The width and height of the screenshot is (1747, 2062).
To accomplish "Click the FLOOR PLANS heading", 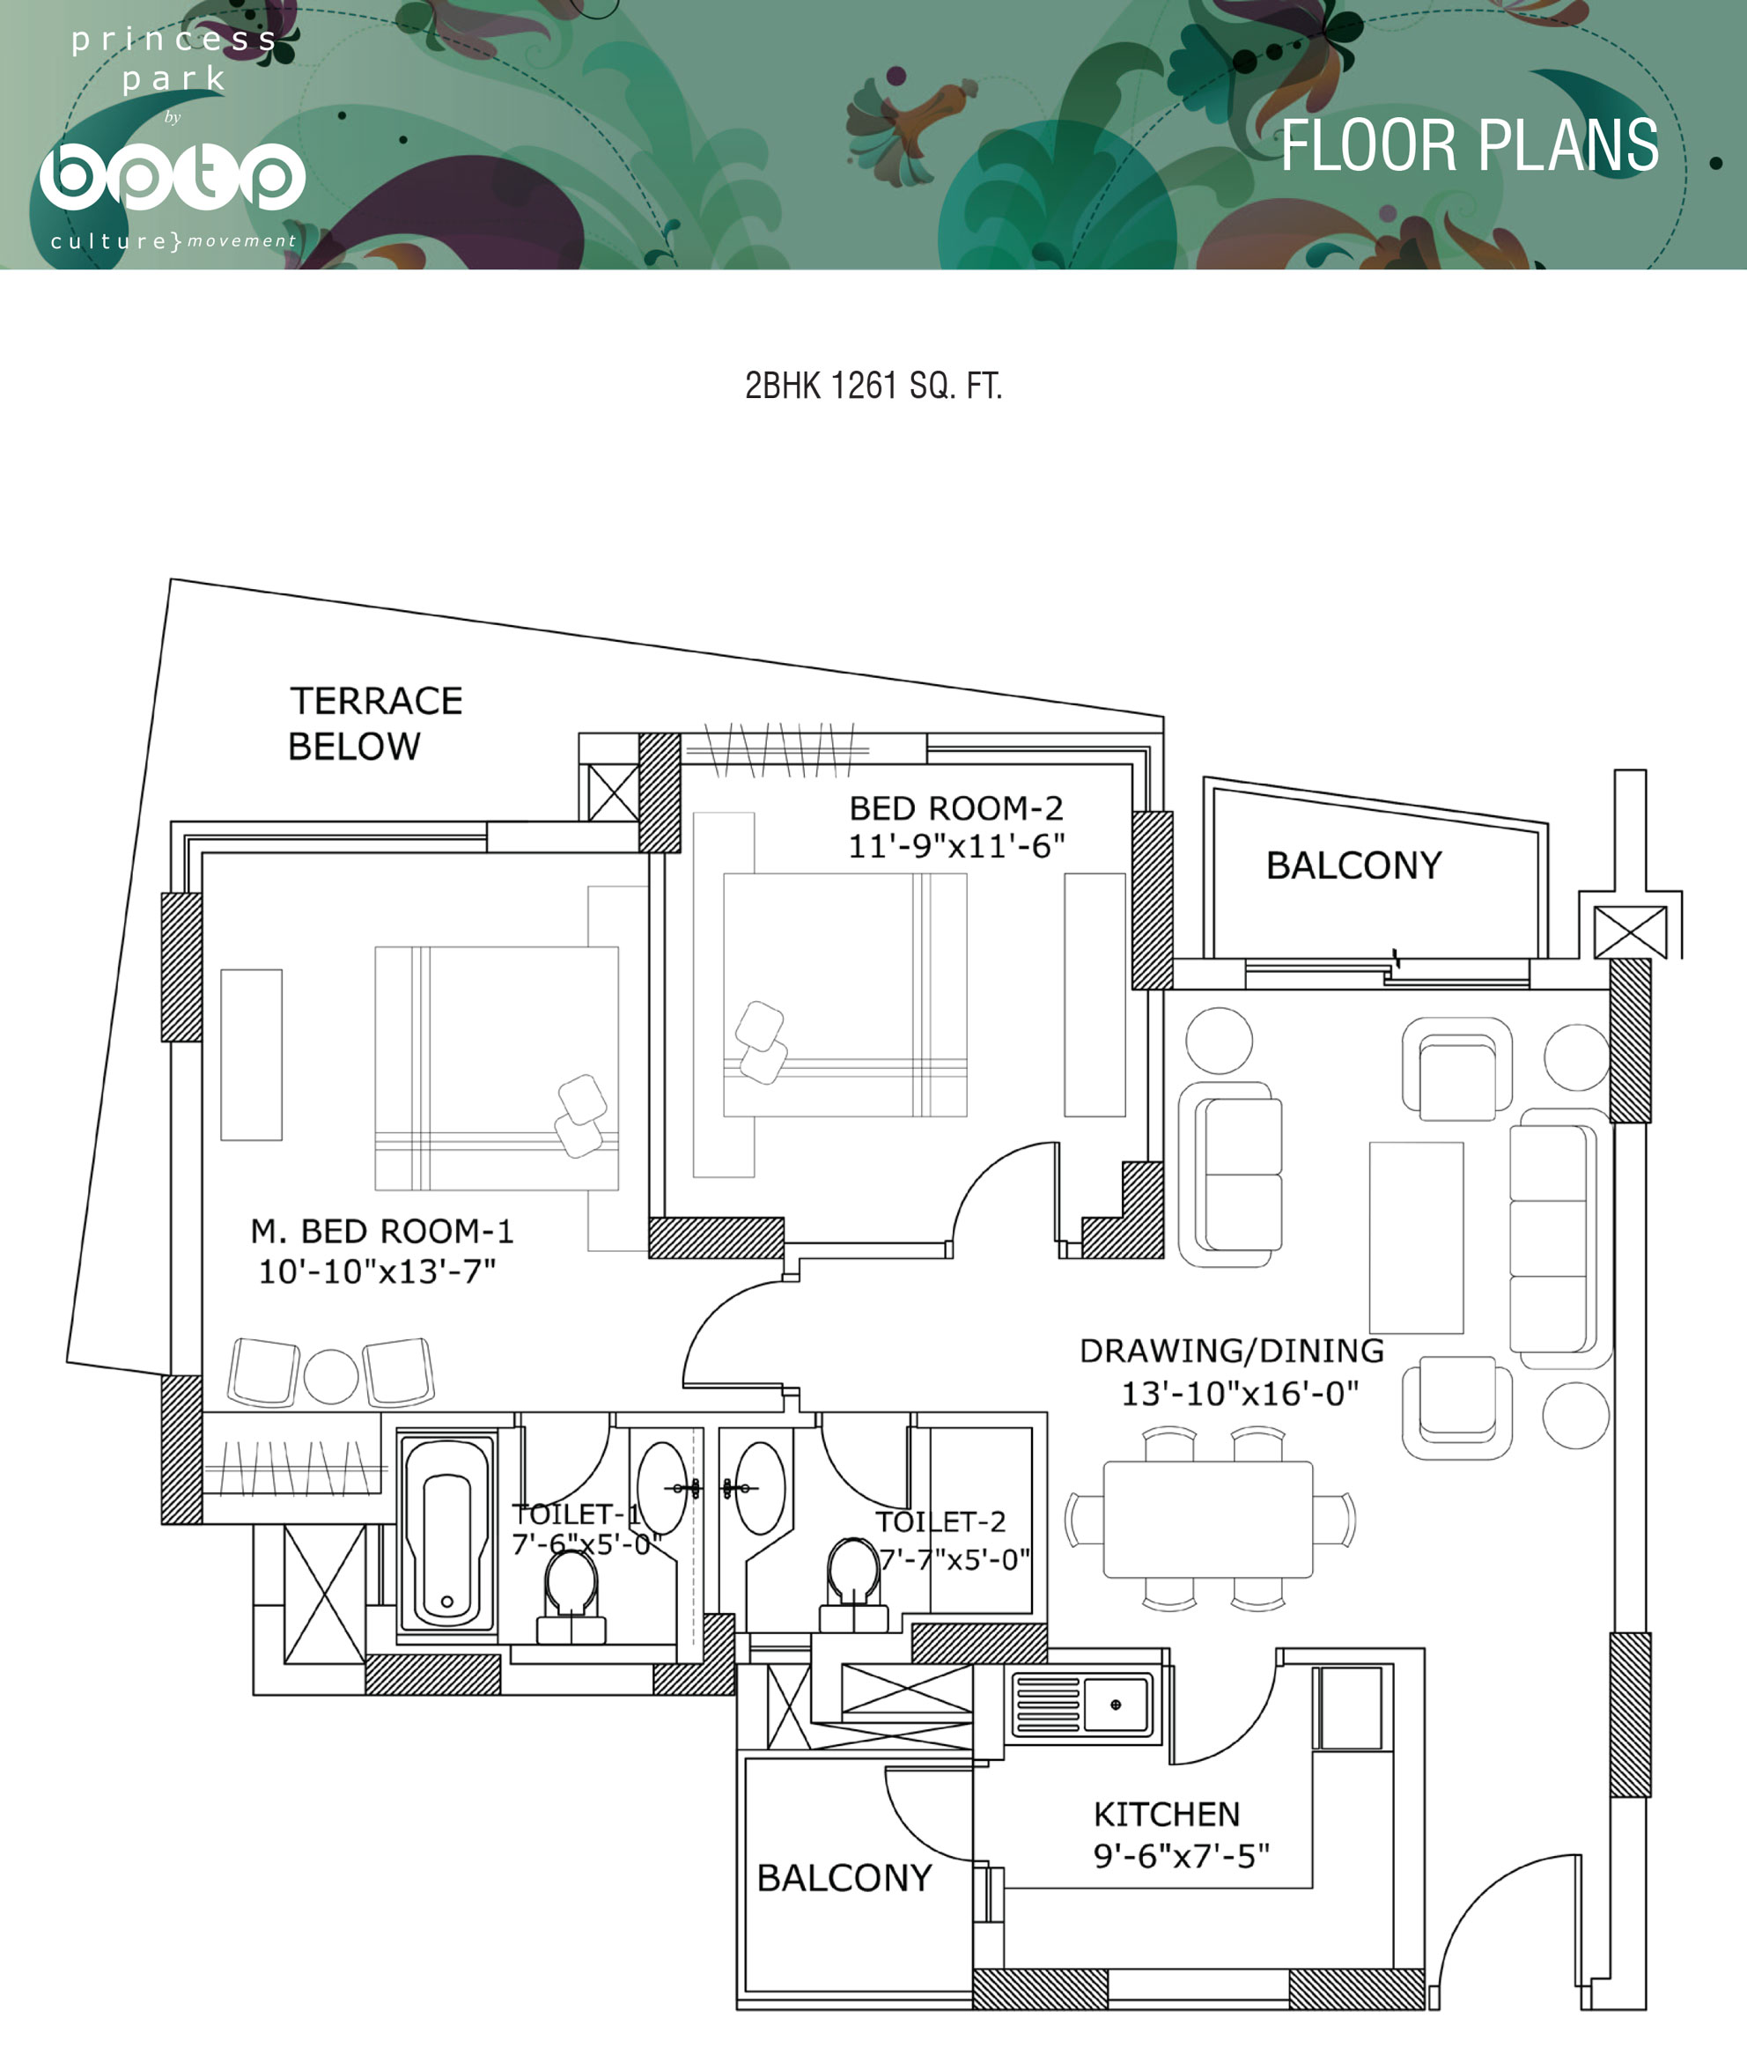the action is pos(1470,145).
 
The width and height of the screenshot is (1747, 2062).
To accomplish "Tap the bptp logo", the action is pos(173,176).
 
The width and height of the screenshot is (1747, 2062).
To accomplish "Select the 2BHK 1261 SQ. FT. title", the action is pos(873,386).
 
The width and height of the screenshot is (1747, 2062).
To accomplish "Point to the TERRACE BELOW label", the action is pos(375,723).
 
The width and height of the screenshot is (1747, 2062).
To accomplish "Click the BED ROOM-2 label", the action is pos(955,808).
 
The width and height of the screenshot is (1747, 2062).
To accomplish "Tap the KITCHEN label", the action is pos(1167,1815).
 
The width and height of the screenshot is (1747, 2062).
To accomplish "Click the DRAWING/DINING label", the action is pos(1232,1350).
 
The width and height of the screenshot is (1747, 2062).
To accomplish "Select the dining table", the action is pos(1208,1520).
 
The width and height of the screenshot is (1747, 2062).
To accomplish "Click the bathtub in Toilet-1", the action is pos(446,1532).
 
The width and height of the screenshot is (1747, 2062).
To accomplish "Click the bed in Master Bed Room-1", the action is pos(496,1068).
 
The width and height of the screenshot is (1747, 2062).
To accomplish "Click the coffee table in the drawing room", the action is pos(1416,1237).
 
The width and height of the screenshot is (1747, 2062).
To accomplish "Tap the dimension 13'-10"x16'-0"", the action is pos(1240,1394).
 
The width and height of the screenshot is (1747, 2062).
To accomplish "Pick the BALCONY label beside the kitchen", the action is pos(844,1878).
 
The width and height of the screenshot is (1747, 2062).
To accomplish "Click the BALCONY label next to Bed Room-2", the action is pos(1353,865).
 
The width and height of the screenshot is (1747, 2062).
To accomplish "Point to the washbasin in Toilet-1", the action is pos(662,1488).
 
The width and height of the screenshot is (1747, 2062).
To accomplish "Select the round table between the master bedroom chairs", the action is pos(331,1375).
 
